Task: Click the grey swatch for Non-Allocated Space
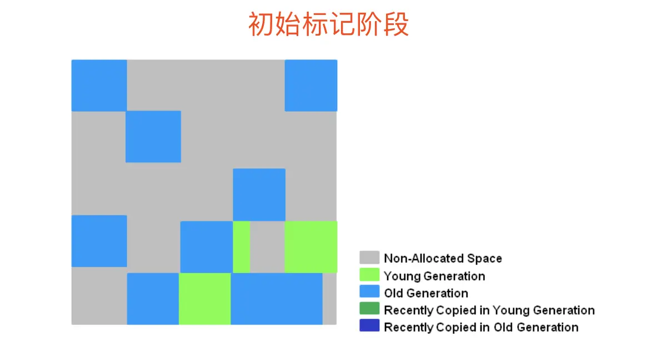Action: pyautogui.click(x=369, y=258)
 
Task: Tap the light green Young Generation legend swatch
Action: pyautogui.click(x=369, y=275)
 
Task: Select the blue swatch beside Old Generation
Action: pyautogui.click(x=369, y=292)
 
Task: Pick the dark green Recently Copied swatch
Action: pyautogui.click(x=369, y=309)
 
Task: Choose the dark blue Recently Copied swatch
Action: pyautogui.click(x=369, y=326)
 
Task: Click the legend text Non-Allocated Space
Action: pyautogui.click(x=443, y=258)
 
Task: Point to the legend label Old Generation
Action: pyautogui.click(x=425, y=293)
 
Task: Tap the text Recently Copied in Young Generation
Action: pyautogui.click(x=489, y=310)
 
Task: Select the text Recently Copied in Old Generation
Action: pyautogui.click(x=481, y=327)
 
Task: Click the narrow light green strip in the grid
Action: pyautogui.click(x=241, y=247)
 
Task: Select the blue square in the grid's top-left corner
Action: pyautogui.click(x=99, y=85)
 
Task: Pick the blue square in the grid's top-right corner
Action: pyautogui.click(x=311, y=85)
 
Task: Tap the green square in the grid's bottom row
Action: pyautogui.click(x=204, y=298)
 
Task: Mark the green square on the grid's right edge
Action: pyautogui.click(x=311, y=247)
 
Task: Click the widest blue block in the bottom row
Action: pyautogui.click(x=277, y=298)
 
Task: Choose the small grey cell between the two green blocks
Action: pyautogui.click(x=267, y=247)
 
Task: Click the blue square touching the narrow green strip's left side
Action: pyautogui.click(x=206, y=247)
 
